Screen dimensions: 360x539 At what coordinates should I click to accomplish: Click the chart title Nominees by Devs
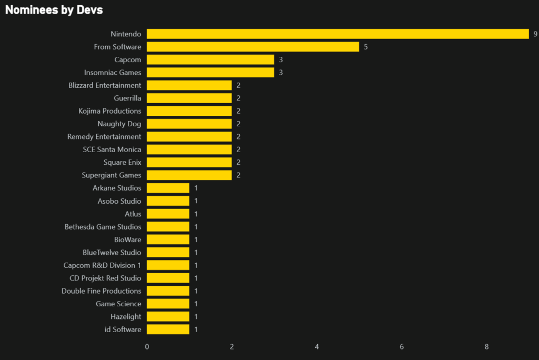[x=54, y=10]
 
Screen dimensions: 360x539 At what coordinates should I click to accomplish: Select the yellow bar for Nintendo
[x=337, y=34]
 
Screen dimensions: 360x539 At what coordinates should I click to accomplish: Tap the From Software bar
[x=253, y=47]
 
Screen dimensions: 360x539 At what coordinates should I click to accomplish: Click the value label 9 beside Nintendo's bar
[x=535, y=34]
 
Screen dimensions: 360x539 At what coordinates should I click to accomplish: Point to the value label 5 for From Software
[x=365, y=47]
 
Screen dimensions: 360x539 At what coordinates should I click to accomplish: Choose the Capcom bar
[x=210, y=59]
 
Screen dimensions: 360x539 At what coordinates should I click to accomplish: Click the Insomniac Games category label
[x=113, y=72]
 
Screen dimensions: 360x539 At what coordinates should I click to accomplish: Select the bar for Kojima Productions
[x=189, y=111]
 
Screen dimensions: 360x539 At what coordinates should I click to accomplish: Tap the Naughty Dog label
[x=119, y=124]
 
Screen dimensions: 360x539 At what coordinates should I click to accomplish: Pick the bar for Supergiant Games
[x=189, y=175]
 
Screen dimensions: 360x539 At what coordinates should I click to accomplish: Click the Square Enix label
[x=122, y=162]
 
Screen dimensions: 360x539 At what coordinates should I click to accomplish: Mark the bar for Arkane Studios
[x=168, y=188]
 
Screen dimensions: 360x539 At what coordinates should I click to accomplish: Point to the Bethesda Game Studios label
[x=103, y=226]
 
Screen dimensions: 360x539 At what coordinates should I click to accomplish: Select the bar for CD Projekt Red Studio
[x=168, y=278]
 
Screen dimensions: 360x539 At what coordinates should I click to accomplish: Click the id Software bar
[x=168, y=329]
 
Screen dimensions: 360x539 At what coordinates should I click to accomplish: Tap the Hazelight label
[x=126, y=316]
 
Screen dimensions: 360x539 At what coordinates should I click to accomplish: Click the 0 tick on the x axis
[x=147, y=347]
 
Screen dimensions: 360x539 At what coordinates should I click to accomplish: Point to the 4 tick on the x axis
[x=317, y=347]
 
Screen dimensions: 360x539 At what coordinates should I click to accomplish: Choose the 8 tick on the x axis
[x=487, y=347]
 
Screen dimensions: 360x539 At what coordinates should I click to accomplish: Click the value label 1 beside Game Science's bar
[x=196, y=304]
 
